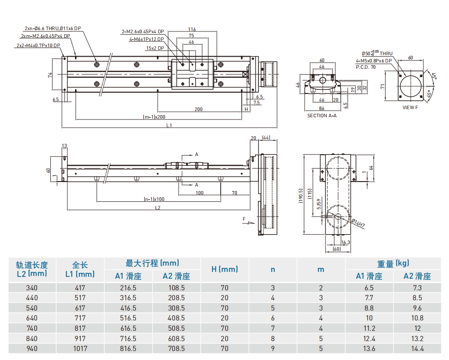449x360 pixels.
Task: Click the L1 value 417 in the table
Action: point(80,288)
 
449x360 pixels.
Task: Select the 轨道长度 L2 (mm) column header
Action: point(31,269)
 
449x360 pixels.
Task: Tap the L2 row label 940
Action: point(31,348)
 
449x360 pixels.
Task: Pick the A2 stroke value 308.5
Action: point(176,308)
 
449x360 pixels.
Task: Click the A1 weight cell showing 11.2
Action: point(369,328)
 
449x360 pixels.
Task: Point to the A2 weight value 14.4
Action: point(417,348)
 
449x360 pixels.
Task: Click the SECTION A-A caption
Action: point(322,116)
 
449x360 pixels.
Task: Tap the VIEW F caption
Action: point(410,108)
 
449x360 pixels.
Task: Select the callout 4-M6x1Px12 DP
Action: point(147,40)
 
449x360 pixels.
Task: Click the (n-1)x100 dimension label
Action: point(154,199)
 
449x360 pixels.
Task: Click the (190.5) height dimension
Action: point(300,196)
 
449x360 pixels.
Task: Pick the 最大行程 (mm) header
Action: point(152,263)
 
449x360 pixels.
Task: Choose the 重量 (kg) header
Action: point(393,264)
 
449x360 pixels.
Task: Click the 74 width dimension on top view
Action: point(50,76)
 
